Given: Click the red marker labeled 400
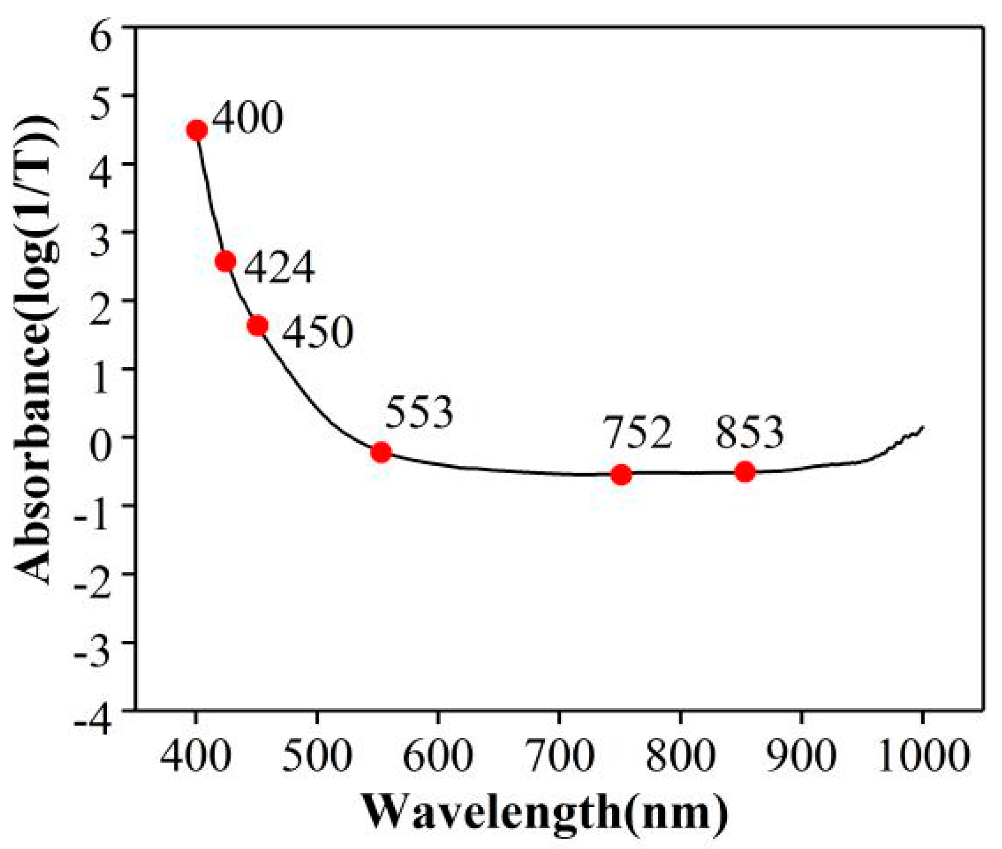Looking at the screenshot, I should click(197, 130).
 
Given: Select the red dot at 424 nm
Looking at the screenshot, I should click(225, 261).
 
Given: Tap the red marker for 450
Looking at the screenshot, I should click(257, 326).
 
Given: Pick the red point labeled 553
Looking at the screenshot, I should click(381, 452).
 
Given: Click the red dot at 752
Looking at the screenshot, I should click(621, 474).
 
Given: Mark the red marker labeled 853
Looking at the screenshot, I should click(745, 472).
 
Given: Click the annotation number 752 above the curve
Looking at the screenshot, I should click(639, 433).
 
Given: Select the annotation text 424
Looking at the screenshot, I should click(279, 268).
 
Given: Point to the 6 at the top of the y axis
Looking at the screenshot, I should click(101, 38).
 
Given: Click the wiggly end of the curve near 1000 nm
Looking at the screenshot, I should click(907, 436).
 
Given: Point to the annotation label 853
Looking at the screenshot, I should click(750, 433).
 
